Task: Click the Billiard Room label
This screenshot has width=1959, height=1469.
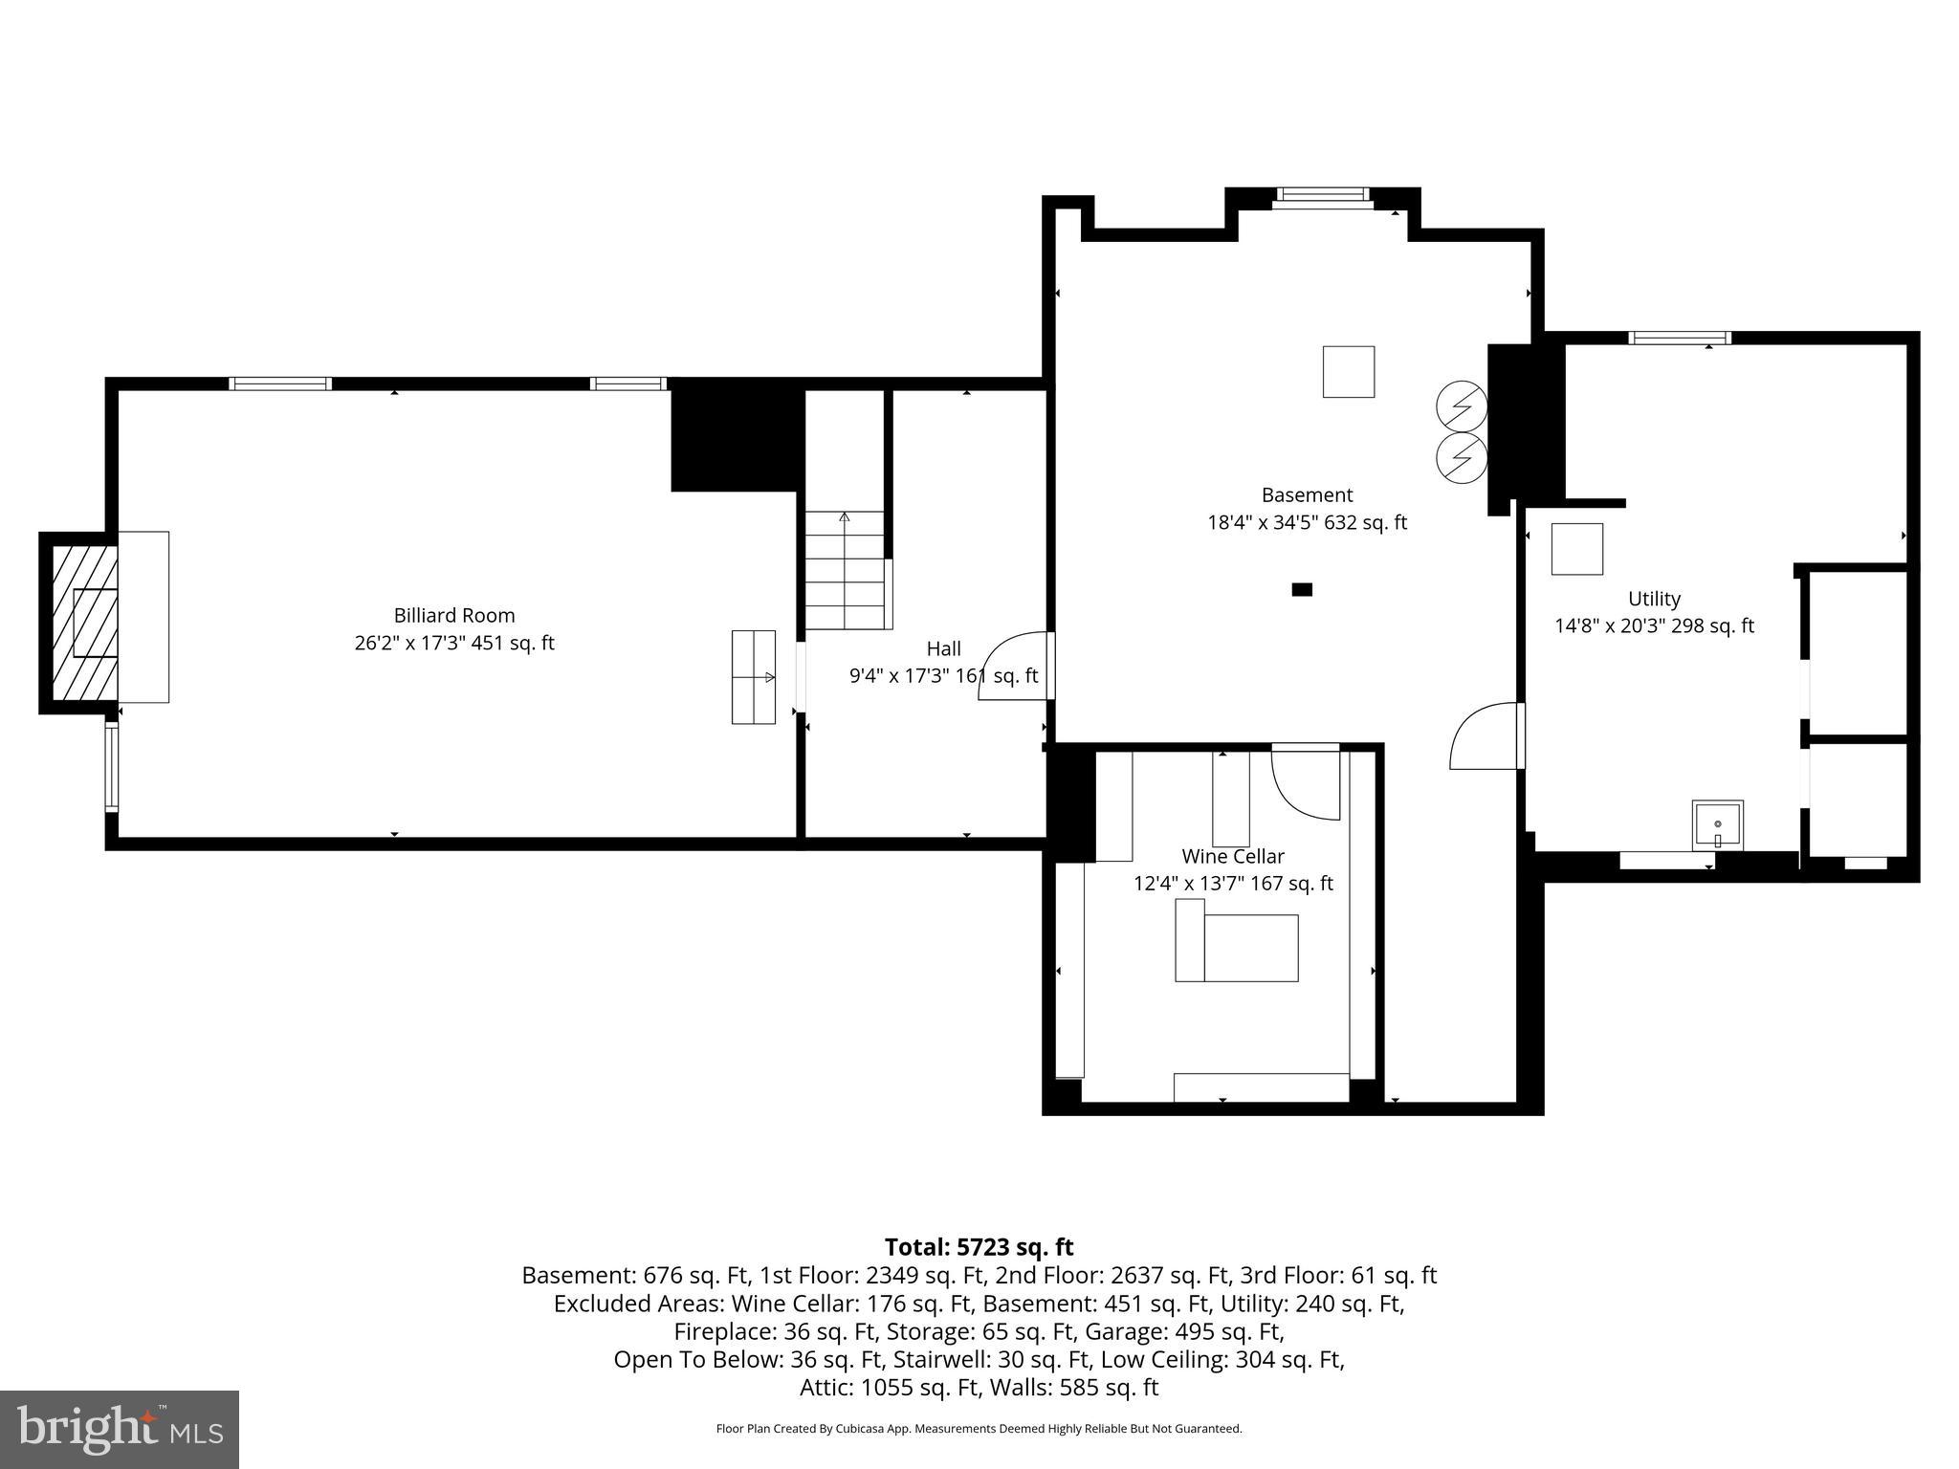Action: click(x=454, y=616)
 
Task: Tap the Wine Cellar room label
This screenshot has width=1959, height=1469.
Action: click(x=1232, y=857)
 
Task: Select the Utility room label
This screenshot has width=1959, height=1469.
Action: click(x=1654, y=599)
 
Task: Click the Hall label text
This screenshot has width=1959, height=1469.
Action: click(x=943, y=649)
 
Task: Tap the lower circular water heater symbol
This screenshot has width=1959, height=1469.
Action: click(x=1462, y=459)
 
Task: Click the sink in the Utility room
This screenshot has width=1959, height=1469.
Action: click(x=1717, y=825)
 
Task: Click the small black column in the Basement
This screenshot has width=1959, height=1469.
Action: click(x=1302, y=590)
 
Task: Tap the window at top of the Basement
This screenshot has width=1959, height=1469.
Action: click(x=1322, y=195)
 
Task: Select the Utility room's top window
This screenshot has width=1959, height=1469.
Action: click(x=1680, y=338)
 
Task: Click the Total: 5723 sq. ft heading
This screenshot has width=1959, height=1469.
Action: click(x=979, y=1247)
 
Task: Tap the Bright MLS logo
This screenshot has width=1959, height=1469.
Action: click(x=120, y=1429)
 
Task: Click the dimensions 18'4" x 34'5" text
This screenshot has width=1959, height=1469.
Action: click(x=1307, y=523)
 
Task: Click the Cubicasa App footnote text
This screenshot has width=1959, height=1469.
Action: click(x=979, y=1429)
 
